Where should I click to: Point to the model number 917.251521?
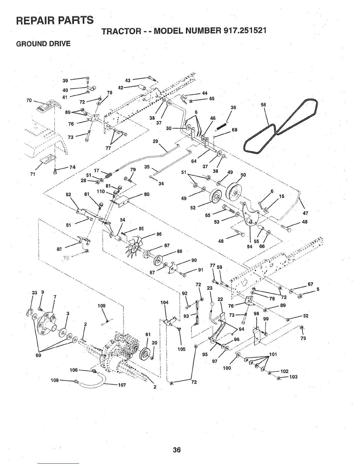[245, 30]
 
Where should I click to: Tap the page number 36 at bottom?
[176, 450]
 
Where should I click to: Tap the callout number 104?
[164, 302]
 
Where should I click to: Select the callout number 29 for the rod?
[156, 141]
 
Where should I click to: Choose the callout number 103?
[294, 377]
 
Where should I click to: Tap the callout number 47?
[305, 213]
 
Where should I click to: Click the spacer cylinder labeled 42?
[143, 87]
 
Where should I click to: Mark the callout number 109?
[101, 306]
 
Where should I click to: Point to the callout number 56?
[263, 104]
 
